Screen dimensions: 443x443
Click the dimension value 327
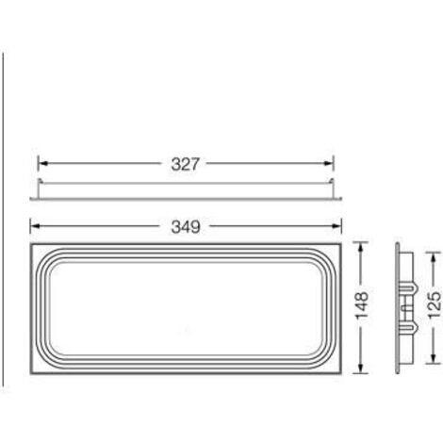[185, 164]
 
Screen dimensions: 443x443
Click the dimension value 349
[186, 226]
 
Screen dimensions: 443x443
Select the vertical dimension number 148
[361, 305]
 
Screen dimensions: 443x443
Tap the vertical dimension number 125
[435, 305]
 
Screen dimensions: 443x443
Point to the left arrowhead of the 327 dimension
[42, 163]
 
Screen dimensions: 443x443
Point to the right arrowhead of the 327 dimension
[329, 163]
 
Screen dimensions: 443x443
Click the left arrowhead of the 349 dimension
[35, 226]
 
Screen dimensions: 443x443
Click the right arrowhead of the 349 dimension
[336, 226]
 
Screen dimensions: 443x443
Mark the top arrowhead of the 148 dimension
[361, 247]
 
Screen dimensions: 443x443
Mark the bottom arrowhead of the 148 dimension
[361, 369]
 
